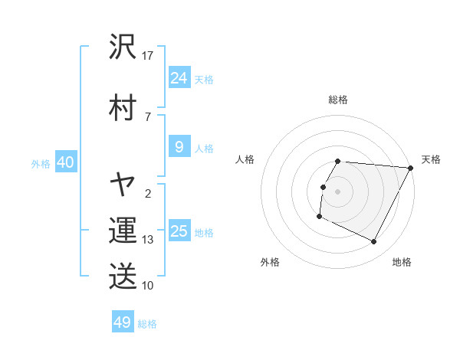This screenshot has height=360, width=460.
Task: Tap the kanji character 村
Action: point(123,106)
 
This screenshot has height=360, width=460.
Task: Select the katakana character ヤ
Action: point(123,184)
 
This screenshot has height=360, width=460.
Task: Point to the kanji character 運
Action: point(123,231)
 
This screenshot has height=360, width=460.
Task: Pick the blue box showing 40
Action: point(65,162)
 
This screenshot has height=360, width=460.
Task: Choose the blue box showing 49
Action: point(123,322)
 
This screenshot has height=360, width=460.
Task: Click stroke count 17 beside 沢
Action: point(148,56)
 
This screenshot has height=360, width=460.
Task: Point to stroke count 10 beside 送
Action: point(148,286)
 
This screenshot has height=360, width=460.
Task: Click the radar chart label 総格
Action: point(338,100)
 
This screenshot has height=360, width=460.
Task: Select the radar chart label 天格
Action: point(431,159)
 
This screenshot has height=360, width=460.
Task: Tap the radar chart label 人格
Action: point(245,159)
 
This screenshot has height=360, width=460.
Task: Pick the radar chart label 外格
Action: point(270,262)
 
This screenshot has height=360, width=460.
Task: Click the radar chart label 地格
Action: point(402,262)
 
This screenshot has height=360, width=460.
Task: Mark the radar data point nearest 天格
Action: point(412,168)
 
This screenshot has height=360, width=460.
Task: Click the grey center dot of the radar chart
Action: point(338,191)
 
